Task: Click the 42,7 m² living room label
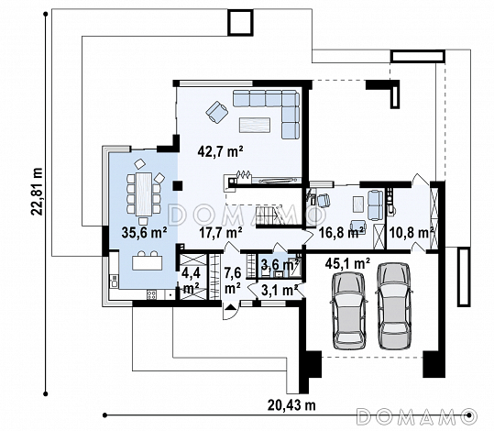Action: coord(220,151)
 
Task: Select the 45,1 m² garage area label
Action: coord(348,263)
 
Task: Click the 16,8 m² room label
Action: coord(342,233)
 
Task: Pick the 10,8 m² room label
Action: coord(412,233)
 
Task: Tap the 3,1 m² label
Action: coord(280,291)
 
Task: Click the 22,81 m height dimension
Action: coord(38,191)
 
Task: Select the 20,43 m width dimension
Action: coord(291,405)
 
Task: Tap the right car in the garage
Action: coord(394,306)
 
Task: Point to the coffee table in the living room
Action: coord(255,125)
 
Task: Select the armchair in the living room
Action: coord(216,112)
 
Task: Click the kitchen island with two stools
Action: coord(148,260)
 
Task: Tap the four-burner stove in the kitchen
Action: coord(151,294)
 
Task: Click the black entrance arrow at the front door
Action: coord(231,306)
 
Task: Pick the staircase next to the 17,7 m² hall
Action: coord(269,215)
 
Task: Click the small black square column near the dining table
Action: coord(178,186)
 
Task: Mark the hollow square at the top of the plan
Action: coord(240,22)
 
